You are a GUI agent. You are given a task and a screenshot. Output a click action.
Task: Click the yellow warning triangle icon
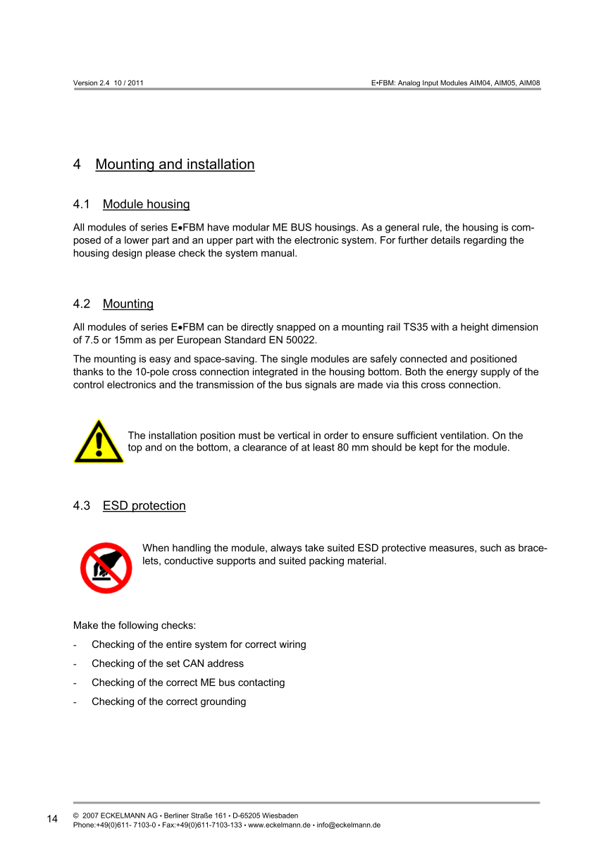[99, 443]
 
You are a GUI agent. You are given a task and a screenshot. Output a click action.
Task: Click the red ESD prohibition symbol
[106, 567]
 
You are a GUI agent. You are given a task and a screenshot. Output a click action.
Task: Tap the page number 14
[53, 819]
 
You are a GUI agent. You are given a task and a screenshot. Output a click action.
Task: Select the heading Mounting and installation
[175, 164]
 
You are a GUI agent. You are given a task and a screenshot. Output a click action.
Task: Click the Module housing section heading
[146, 204]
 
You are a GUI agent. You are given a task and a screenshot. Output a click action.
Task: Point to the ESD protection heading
[144, 505]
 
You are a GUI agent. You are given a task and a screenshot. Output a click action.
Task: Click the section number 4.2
[82, 304]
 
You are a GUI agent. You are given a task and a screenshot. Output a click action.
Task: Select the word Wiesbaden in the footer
[280, 816]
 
